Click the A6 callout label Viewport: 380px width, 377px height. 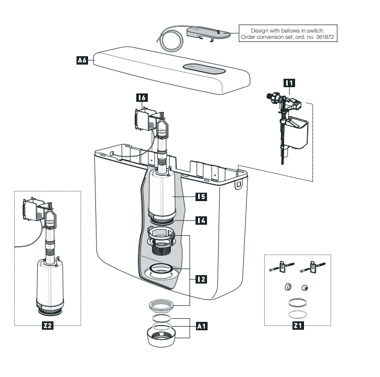pyautogui.click(x=81, y=61)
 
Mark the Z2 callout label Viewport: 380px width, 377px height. pyautogui.click(x=47, y=326)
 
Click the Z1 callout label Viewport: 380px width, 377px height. pyautogui.click(x=298, y=326)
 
